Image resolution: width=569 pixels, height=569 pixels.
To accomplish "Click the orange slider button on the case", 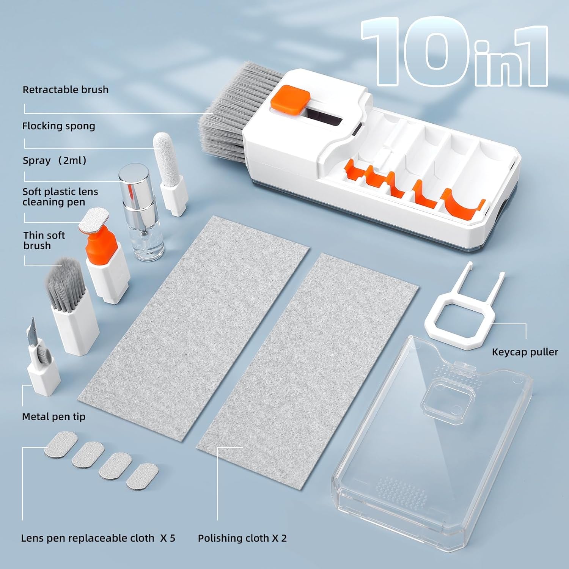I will pyautogui.click(x=290, y=102).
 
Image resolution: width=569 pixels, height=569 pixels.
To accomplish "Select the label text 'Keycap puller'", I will pyautogui.click(x=525, y=352).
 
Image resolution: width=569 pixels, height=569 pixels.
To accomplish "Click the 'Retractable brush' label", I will pyautogui.click(x=66, y=90).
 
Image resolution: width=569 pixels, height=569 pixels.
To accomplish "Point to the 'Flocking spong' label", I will pyautogui.click(x=58, y=126).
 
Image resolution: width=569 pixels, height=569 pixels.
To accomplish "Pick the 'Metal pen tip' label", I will pyautogui.click(x=53, y=417).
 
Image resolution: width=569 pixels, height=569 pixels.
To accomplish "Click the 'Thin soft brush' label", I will pyautogui.click(x=44, y=240).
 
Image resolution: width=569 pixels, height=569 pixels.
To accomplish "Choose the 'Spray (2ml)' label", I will pyautogui.click(x=55, y=160).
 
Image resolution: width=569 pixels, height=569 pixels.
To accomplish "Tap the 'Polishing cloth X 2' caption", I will pyautogui.click(x=242, y=538).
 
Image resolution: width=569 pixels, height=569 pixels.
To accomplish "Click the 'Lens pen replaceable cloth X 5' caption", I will pyautogui.click(x=98, y=538).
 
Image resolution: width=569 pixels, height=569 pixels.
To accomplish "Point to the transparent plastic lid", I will pyautogui.click(x=432, y=448).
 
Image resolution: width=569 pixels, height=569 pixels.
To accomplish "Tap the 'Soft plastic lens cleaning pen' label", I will pyautogui.click(x=60, y=196).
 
